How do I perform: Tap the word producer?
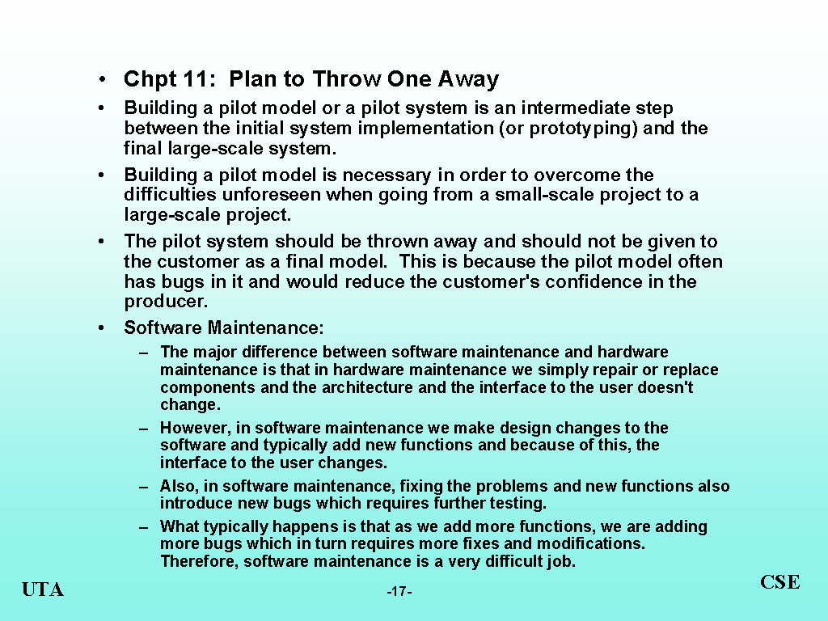click(166, 302)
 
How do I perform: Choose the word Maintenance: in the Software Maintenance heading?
click(265, 327)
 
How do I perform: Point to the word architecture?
click(367, 387)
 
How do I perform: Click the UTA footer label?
click(43, 589)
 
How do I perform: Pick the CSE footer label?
click(780, 582)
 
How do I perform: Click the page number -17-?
click(399, 591)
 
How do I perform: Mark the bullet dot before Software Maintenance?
click(101, 328)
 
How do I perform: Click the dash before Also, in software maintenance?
click(144, 486)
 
